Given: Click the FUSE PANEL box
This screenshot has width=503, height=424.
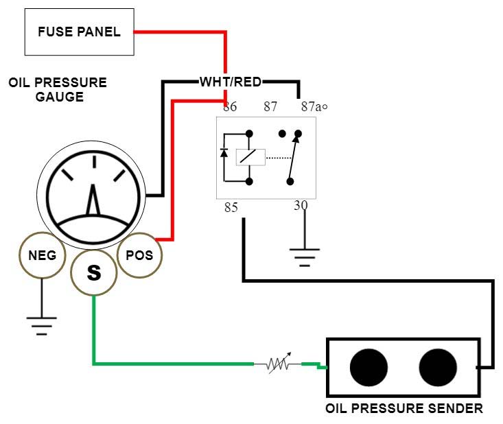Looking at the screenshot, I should point(79,32).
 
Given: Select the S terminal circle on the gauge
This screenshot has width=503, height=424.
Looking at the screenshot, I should point(94,272).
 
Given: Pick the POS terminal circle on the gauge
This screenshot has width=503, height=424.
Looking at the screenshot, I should point(140,255).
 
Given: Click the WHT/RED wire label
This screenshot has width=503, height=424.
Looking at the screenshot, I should point(231,82).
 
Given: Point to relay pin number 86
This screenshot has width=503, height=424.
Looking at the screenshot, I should point(231,107).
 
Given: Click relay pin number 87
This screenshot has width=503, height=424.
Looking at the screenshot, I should point(270,107).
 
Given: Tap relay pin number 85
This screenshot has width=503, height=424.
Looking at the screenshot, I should point(231,207).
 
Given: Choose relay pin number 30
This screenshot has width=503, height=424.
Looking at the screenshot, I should point(301,205).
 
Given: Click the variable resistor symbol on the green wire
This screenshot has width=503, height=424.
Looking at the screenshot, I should point(277,364).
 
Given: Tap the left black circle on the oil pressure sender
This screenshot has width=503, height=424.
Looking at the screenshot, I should point(369,367).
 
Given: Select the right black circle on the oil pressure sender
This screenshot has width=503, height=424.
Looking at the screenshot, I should point(438,367).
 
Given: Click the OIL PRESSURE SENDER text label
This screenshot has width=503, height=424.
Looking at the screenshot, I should point(403,409).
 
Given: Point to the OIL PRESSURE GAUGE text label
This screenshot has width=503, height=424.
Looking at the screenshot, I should point(58,90).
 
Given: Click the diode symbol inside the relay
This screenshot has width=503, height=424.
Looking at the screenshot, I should point(224,153).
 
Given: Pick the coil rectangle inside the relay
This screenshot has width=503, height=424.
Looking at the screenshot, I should point(249,156).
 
